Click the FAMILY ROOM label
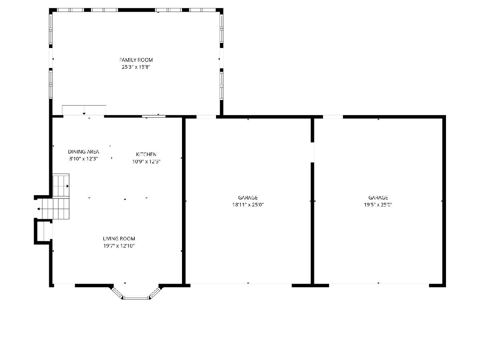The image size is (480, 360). tap(136, 60)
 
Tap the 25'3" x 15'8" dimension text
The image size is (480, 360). tap(136, 67)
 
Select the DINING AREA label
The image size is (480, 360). tap(84, 152)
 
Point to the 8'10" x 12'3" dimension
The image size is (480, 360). tap(84, 159)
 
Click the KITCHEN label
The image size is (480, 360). tap(146, 154)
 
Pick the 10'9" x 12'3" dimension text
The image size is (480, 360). tap(146, 162)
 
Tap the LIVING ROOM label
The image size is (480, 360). tap(119, 238)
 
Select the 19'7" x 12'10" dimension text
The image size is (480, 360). tap(119, 246)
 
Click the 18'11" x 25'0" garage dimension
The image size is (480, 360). tap(248, 204)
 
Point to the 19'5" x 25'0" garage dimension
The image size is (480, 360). tap(378, 204)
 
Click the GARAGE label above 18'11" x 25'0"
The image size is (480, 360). tap(248, 198)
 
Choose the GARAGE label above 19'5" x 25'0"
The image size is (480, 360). tap(378, 198)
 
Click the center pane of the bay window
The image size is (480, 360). tap(136, 298)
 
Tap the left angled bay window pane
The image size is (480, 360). tap(117, 292)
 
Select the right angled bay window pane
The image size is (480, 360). tap(155, 292)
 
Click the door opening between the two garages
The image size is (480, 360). tap(312, 152)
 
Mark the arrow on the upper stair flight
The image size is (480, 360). tap(68, 186)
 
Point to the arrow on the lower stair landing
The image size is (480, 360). tap(38, 209)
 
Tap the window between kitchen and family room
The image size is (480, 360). tap(154, 116)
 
